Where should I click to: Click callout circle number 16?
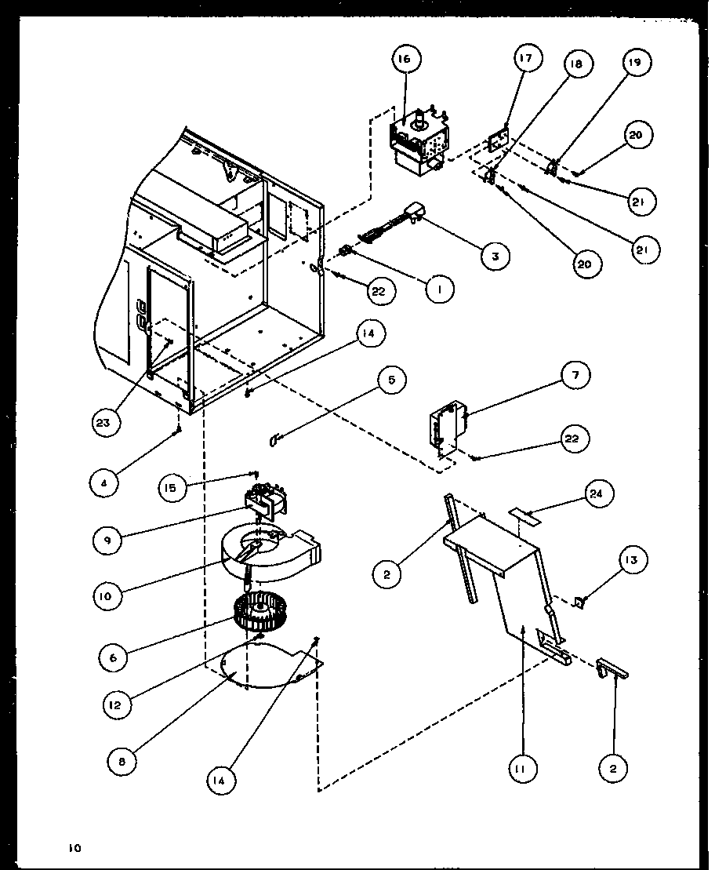(x=408, y=59)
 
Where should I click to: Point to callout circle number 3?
(x=495, y=255)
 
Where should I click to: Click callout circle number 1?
(x=441, y=289)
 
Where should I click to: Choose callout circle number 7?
(x=575, y=376)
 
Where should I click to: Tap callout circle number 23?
(x=105, y=422)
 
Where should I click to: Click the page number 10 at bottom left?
(x=74, y=847)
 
